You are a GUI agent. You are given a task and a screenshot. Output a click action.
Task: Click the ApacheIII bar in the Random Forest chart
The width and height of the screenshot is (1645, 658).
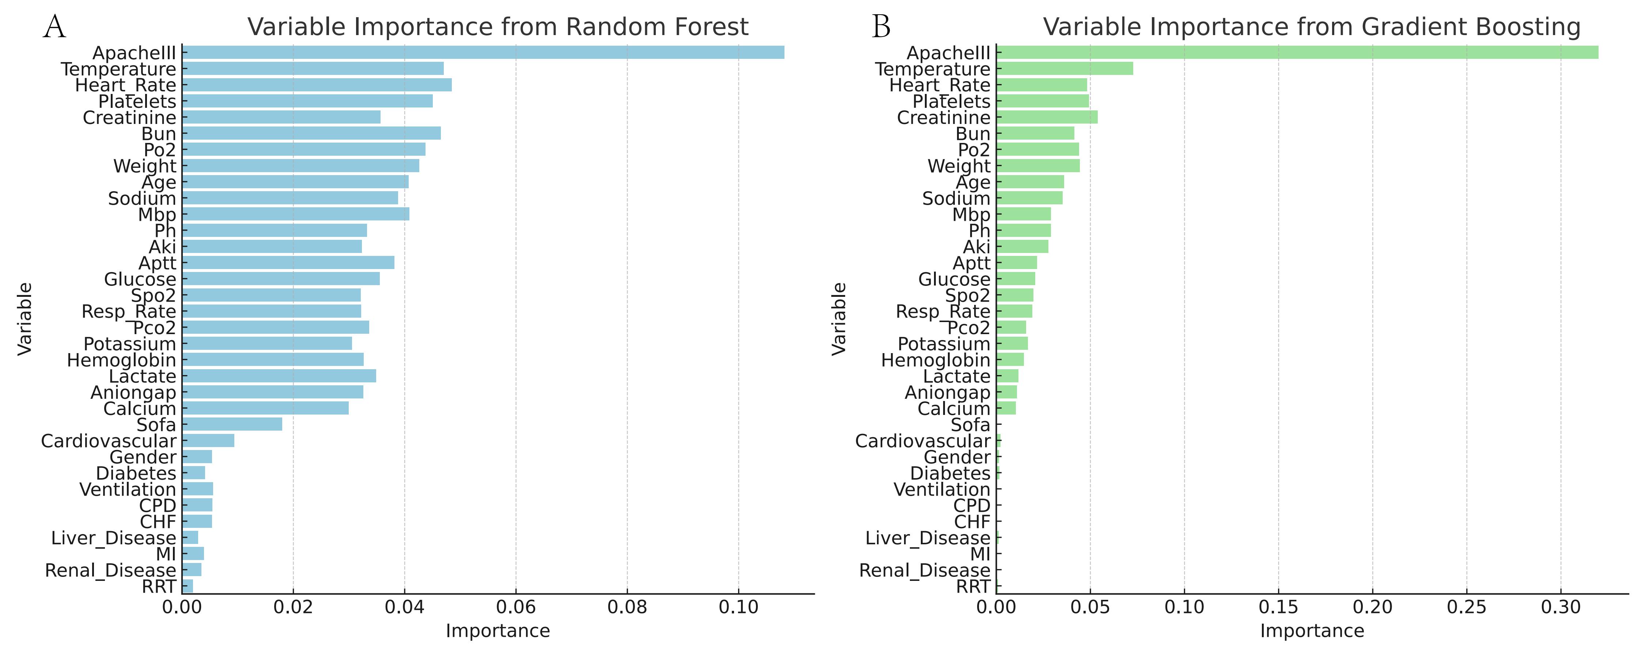point(483,52)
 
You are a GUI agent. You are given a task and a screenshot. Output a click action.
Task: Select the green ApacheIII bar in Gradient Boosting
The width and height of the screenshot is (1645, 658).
point(1296,52)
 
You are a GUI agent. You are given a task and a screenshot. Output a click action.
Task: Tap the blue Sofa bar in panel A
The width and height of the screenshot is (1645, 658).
point(232,424)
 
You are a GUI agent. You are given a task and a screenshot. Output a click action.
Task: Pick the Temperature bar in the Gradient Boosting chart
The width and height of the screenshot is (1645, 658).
point(1064,68)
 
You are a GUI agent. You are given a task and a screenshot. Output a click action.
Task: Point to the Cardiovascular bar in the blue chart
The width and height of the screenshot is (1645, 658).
point(208,441)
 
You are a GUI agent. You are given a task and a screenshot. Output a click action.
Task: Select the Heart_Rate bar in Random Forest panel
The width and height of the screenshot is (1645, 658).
point(317,85)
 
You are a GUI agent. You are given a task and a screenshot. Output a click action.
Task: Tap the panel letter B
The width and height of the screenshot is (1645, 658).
point(881,27)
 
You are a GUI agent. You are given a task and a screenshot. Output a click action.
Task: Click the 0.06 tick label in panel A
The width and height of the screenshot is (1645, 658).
point(515,606)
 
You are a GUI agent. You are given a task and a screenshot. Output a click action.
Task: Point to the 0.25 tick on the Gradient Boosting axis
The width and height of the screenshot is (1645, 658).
point(1466,606)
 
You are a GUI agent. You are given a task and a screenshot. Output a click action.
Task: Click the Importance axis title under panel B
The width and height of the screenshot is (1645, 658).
point(1312,631)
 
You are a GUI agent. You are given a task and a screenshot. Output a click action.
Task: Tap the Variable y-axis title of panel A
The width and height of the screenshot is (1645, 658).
point(24,319)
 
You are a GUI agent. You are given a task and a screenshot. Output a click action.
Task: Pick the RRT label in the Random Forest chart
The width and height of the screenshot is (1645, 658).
point(158,586)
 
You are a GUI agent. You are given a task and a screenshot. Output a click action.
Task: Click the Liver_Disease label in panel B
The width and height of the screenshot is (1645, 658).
point(927,538)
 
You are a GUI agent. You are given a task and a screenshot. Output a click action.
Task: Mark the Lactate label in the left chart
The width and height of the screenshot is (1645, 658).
point(142,376)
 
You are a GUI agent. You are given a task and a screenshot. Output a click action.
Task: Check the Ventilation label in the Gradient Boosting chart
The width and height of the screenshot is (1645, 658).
point(941,489)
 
